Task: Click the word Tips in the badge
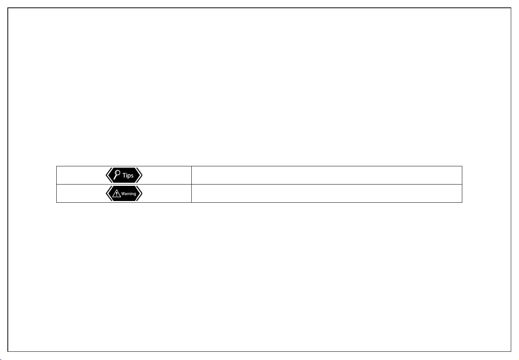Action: click(128, 175)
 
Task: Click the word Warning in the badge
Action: click(129, 194)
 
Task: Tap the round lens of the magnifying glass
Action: click(117, 173)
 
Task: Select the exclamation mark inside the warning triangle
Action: click(116, 194)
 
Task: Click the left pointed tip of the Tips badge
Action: click(106, 175)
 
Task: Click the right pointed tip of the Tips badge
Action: click(142, 175)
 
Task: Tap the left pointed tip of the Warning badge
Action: click(106, 193)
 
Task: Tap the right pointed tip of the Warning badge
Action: click(142, 193)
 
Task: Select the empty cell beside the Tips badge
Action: click(327, 175)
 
